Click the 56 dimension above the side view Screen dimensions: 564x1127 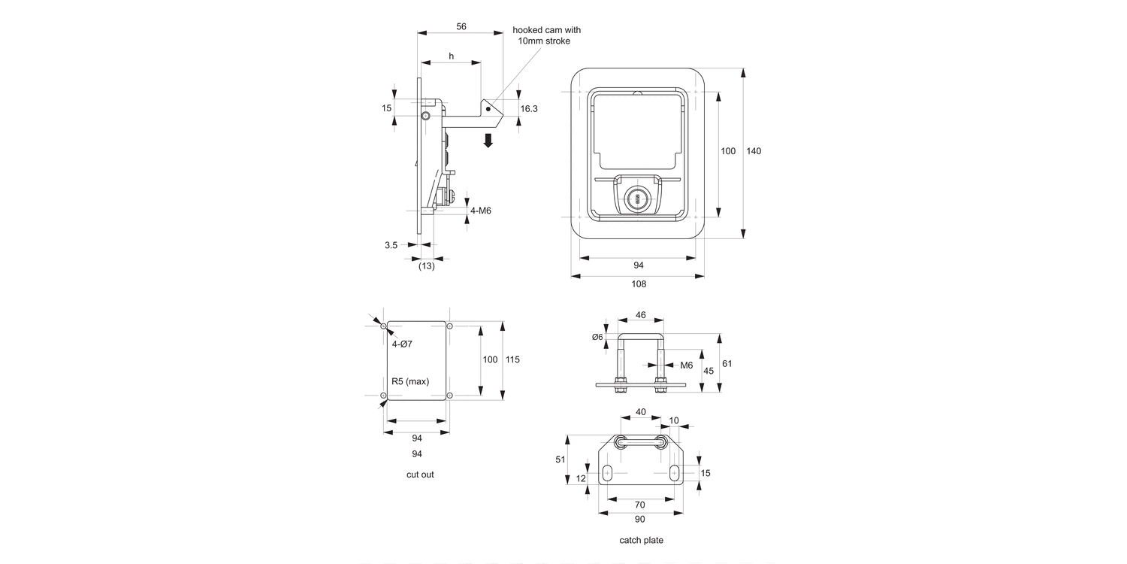pyautogui.click(x=461, y=26)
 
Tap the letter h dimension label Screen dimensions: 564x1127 pyautogui.click(x=451, y=56)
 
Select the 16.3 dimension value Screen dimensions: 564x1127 pyautogui.click(x=529, y=109)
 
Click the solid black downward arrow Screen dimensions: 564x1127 pyautogui.click(x=488, y=140)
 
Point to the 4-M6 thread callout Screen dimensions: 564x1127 pyautogui.click(x=480, y=211)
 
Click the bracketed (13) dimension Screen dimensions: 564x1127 pyautogui.click(x=426, y=265)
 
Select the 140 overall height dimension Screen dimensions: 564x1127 pyautogui.click(x=754, y=151)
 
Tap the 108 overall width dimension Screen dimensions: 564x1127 pyautogui.click(x=639, y=284)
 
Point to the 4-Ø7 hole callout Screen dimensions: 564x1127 pyautogui.click(x=402, y=344)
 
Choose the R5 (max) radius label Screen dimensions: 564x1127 pyautogui.click(x=410, y=381)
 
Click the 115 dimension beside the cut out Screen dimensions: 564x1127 pyautogui.click(x=512, y=359)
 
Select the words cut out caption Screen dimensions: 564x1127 pyautogui.click(x=420, y=475)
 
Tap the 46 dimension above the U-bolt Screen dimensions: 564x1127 pyautogui.click(x=641, y=316)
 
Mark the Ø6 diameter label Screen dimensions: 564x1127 pyautogui.click(x=597, y=337)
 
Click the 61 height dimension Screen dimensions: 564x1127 pyautogui.click(x=727, y=363)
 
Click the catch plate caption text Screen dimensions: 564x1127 pyautogui.click(x=641, y=540)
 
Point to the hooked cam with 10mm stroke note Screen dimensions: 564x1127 pyautogui.click(x=546, y=35)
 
